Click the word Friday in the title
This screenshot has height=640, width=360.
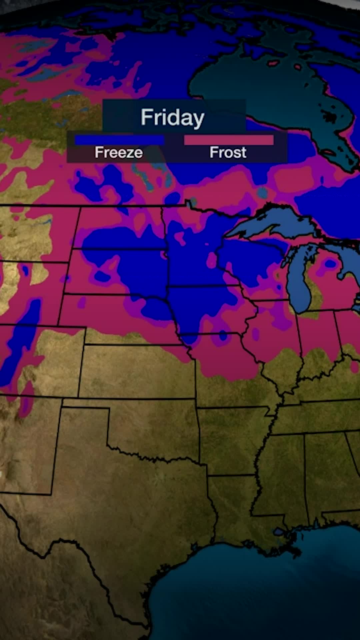pyautogui.click(x=172, y=117)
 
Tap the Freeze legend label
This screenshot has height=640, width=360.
pyautogui.click(x=119, y=153)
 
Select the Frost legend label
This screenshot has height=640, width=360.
pyautogui.click(x=228, y=153)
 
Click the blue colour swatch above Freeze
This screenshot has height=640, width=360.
pyautogui.click(x=119, y=140)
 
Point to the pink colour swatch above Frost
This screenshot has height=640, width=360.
pyautogui.click(x=229, y=140)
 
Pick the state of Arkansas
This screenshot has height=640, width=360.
pyautogui.click(x=233, y=440)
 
